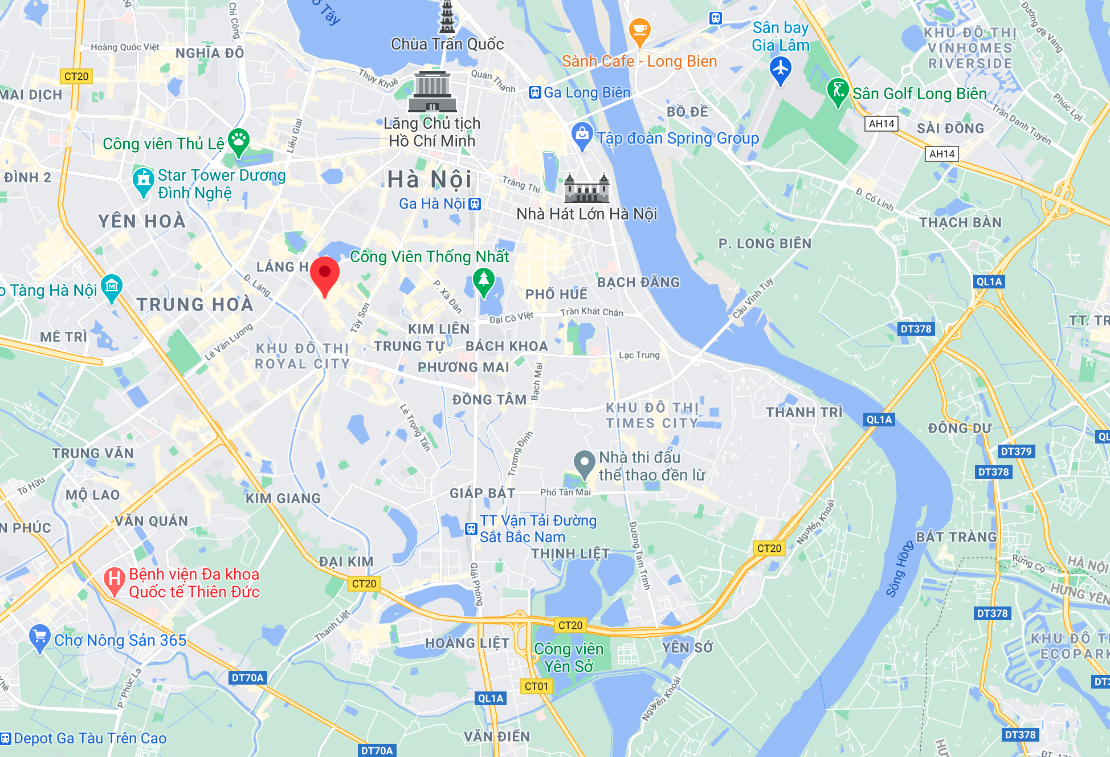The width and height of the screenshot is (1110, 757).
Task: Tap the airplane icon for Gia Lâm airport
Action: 780,70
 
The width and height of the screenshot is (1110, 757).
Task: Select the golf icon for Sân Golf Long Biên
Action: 838,91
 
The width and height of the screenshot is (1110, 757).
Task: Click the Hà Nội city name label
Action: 430,180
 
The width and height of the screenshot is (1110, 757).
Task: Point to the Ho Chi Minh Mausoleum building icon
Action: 432,92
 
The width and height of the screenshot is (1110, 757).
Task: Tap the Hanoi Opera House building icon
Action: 587,189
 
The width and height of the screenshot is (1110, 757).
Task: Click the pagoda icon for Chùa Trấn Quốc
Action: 447,17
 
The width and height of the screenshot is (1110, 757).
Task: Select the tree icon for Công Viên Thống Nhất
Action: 483,280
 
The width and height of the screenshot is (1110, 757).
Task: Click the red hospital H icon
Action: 115,580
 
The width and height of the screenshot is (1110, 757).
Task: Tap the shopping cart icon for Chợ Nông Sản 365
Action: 39,637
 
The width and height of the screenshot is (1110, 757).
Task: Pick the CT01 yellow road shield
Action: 536,686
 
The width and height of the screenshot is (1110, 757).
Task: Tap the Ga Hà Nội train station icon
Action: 475,204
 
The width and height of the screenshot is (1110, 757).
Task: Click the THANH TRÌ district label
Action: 803,412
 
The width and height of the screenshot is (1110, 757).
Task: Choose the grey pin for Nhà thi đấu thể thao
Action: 584,462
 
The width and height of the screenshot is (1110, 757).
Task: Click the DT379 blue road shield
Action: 1016,451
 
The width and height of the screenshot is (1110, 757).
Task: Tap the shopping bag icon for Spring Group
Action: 582,135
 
